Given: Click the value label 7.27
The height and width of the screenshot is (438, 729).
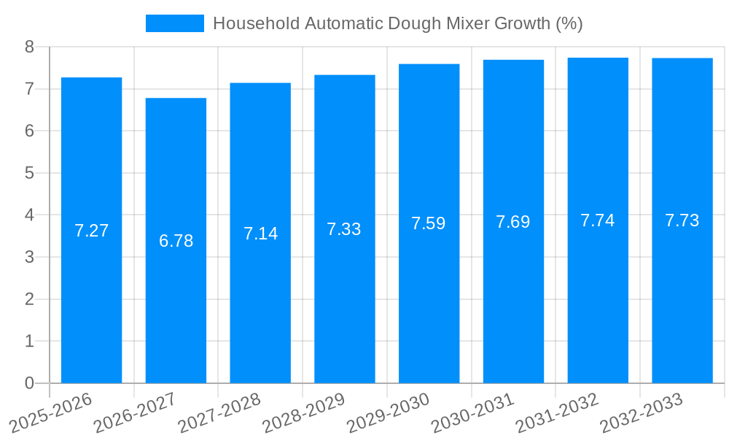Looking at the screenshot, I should (91, 231).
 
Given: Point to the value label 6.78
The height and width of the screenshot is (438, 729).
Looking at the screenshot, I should (176, 241).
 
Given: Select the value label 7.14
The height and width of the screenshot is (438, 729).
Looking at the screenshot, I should (260, 234).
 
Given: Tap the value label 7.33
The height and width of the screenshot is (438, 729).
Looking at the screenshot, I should (344, 229).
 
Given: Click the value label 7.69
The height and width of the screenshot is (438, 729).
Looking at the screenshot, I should (513, 222).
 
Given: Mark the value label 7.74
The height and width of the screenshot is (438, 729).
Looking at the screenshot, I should (598, 220).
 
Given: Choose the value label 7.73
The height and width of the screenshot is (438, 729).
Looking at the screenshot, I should (682, 220).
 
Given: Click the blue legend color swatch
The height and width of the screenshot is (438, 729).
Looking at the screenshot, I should (175, 23).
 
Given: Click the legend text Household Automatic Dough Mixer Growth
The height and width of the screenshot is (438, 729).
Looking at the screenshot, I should (397, 23).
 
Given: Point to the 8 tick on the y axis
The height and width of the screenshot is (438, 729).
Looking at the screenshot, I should (29, 47).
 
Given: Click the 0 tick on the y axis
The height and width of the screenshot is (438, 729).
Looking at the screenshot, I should (29, 383).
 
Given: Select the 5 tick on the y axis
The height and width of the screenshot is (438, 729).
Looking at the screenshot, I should (29, 173).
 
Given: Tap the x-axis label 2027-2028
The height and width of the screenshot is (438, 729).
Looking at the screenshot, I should (218, 413).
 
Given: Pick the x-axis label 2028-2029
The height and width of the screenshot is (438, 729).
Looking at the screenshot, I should (303, 413).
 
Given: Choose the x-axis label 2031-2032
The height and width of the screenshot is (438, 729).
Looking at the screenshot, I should (556, 413).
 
